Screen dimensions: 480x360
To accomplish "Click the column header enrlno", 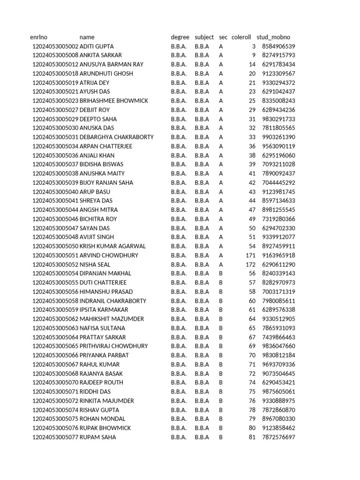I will pyautogui.click(x=39, y=37).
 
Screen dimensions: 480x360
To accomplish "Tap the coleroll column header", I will pyautogui.click(x=241, y=37).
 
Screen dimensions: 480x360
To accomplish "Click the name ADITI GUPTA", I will pyautogui.click(x=97, y=46).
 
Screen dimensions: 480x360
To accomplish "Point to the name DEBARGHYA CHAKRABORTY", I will pyautogui.click(x=117, y=137).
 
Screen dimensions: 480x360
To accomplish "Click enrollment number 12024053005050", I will pyautogui.click(x=55, y=246).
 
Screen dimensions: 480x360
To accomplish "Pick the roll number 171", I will pyautogui.click(x=251, y=255).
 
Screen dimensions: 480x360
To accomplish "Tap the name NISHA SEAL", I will pyautogui.click(x=95, y=264).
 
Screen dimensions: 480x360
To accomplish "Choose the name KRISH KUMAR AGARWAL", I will pyautogui.click(x=112, y=246).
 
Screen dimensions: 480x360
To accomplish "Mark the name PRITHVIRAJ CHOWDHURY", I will pyautogui.click(x=114, y=346).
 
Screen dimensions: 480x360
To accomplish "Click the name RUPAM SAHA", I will pyautogui.click(x=98, y=437).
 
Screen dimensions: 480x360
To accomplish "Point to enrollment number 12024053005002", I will pyautogui.click(x=55, y=46).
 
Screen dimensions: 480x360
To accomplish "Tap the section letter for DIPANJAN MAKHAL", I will pyautogui.click(x=221, y=273).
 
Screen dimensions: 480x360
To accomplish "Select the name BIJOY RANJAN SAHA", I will pyautogui.click(x=106, y=183).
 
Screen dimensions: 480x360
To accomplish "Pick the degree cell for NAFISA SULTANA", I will pyautogui.click(x=179, y=328).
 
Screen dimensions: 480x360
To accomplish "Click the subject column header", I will pyautogui.click(x=204, y=37).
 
